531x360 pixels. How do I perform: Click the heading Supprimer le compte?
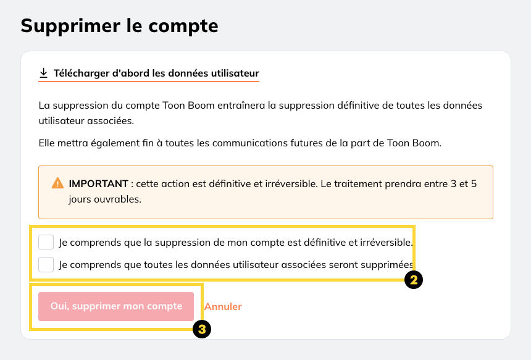[x=119, y=26]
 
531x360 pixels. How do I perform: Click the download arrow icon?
[x=43, y=73]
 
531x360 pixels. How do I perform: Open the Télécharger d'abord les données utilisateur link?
[x=156, y=73]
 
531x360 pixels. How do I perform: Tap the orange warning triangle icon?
[x=57, y=183]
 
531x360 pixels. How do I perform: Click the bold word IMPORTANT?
[x=98, y=183]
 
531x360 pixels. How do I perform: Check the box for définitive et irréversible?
[x=46, y=242]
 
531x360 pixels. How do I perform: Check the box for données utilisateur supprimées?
[x=46, y=264]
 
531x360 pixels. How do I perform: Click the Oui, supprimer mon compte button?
[x=116, y=306]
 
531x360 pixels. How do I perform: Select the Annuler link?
[x=223, y=306]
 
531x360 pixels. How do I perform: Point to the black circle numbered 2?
[x=414, y=280]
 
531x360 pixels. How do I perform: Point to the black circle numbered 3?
[x=202, y=329]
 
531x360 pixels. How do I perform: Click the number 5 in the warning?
[x=474, y=183]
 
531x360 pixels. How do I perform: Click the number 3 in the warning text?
[x=453, y=183]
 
